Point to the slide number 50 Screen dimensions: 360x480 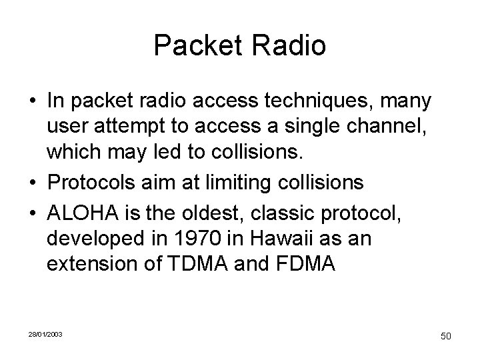445,336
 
